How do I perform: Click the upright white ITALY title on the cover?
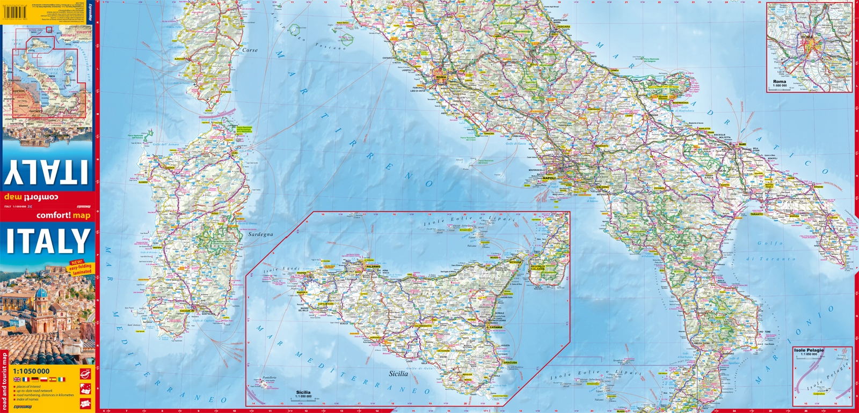[x=48, y=241]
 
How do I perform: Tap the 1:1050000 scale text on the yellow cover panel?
[x=31, y=371]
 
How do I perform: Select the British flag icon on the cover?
[x=17, y=379]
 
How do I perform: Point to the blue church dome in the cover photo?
[x=41, y=294]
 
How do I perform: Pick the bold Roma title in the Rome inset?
[x=780, y=82]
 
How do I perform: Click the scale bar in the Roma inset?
[x=781, y=88]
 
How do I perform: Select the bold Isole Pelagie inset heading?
[x=809, y=350]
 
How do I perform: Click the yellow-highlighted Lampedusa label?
[x=819, y=394]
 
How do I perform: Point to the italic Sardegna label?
[x=260, y=234]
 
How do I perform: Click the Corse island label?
[x=250, y=50]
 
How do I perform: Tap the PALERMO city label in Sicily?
[x=373, y=267]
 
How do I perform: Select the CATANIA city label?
[x=496, y=327]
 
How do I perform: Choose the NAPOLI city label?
[x=549, y=178]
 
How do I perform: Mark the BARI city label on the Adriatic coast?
[x=742, y=145]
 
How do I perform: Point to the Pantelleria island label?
[x=270, y=378]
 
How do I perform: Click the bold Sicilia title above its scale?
[x=303, y=392]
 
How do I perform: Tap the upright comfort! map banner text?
[x=63, y=216]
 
